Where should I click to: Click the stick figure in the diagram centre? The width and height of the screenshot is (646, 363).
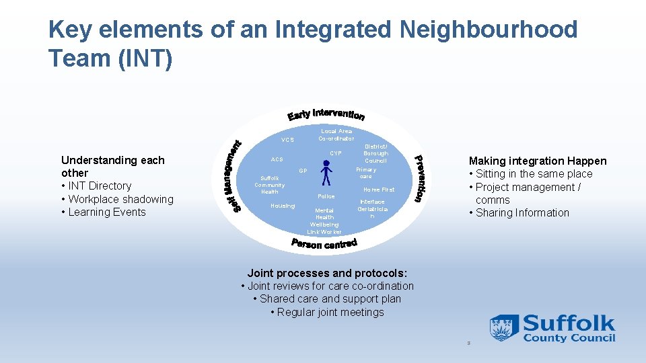326,172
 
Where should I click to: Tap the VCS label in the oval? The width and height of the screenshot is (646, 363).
287,140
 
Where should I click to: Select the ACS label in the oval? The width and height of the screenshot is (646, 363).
277,160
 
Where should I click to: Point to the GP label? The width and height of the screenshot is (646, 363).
303,171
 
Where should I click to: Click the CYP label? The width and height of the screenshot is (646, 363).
336,154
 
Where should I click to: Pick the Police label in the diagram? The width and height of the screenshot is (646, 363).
326,196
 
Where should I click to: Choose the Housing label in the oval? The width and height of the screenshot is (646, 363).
282,206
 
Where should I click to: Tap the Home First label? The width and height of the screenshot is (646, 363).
379,190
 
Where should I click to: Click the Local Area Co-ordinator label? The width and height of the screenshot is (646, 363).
336,135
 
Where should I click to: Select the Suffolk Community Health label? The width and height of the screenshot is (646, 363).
269,185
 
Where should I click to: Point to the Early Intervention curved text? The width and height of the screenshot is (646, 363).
326,115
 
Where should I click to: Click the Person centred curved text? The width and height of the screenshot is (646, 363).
324,243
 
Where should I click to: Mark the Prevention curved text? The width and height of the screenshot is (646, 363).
419,178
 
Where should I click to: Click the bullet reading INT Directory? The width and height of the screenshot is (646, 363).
99,186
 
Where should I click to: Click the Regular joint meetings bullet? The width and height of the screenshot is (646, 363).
327,313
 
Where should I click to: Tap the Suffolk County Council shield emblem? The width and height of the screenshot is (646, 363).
504,328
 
